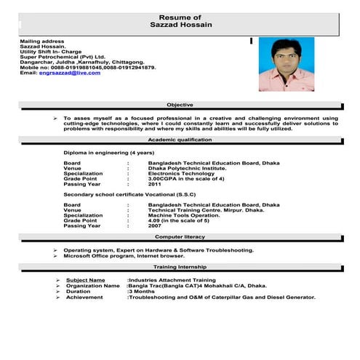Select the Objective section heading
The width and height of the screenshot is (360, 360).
[180, 105]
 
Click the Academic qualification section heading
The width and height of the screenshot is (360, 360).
[180, 139]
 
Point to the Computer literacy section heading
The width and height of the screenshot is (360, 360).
[180, 238]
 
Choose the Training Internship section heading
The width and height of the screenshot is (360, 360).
[180, 268]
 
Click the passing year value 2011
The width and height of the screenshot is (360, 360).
[155, 184]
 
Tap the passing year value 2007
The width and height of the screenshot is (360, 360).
[155, 225]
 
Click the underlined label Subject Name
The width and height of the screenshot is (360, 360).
[85, 280]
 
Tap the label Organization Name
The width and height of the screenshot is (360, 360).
[92, 286]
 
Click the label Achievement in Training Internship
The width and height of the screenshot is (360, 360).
[84, 297]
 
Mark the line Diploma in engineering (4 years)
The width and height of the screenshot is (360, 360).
[108, 153]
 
